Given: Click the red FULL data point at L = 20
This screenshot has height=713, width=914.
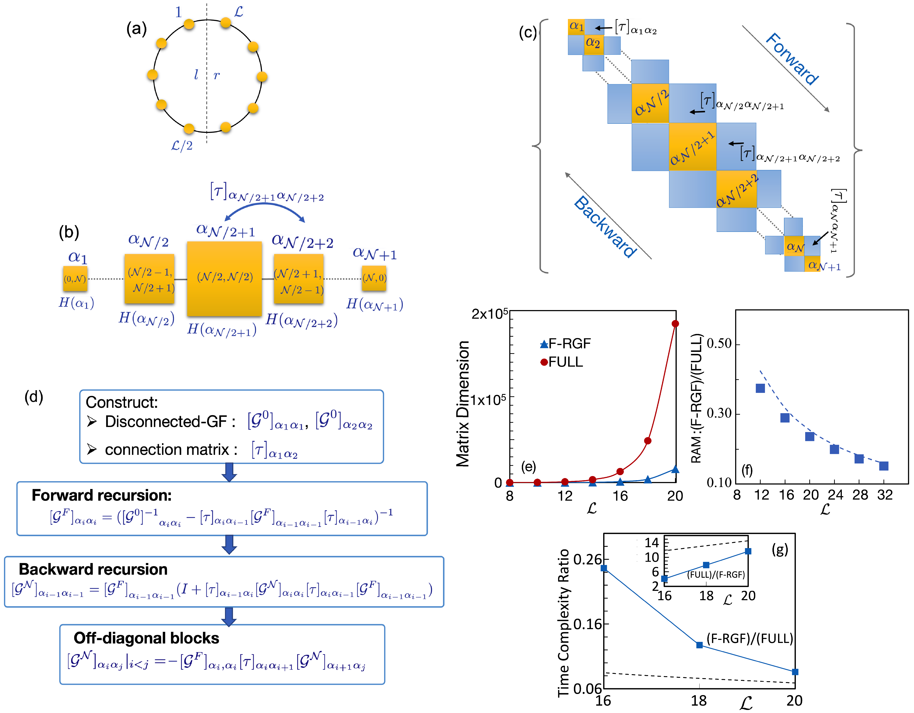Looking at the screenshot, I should pos(675,324).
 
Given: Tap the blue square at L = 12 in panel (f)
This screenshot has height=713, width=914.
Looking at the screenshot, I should pos(760,388).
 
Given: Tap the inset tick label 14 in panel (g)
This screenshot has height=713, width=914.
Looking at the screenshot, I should pos(652,543).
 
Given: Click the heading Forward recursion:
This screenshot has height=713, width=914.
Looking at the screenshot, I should pos(102,495).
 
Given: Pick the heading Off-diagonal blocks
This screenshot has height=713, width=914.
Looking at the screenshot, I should pos(147,638).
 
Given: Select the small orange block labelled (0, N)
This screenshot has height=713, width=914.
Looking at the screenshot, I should pos(75,278).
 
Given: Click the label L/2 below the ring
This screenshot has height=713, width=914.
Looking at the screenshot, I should pos(182,146).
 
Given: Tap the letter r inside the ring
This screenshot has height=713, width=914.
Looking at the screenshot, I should pos(216,75).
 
